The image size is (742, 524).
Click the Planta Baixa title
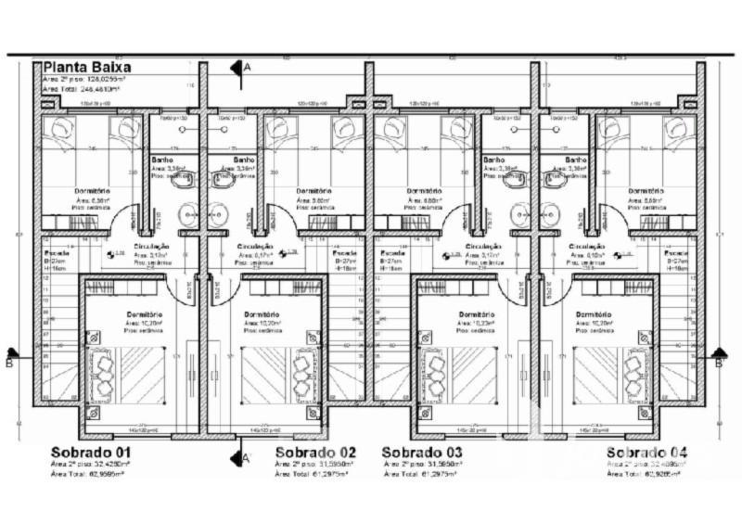(x=87, y=68)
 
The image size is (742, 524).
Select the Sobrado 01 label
(x=91, y=452)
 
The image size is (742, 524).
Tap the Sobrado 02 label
(x=315, y=452)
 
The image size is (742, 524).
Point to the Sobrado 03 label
(x=423, y=452)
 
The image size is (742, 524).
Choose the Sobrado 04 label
(x=647, y=452)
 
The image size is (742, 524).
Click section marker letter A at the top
(x=247, y=68)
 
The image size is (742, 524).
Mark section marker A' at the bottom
(x=246, y=457)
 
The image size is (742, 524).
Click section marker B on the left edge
(x=9, y=363)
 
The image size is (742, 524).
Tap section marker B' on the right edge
(x=719, y=363)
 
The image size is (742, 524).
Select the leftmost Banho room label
(x=161, y=160)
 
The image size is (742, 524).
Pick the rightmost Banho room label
(x=574, y=160)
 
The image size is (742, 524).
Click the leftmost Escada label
(x=56, y=251)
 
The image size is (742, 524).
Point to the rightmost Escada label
(x=676, y=252)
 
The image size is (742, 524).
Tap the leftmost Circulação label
(x=152, y=247)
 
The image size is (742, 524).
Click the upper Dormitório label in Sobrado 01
(x=92, y=191)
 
